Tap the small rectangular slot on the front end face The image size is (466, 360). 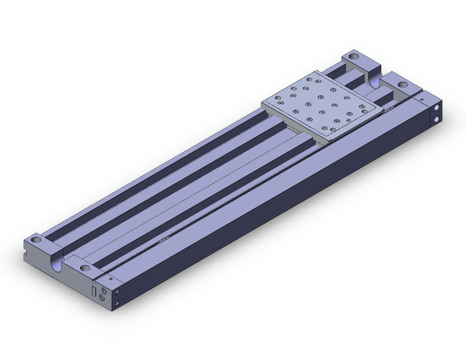[94, 291]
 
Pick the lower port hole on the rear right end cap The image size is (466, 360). [436, 119]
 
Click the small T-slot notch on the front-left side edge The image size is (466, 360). [25, 254]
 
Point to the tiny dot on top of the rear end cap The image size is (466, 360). [422, 99]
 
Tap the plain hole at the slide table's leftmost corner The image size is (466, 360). [278, 98]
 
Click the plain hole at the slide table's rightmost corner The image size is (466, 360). [364, 111]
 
